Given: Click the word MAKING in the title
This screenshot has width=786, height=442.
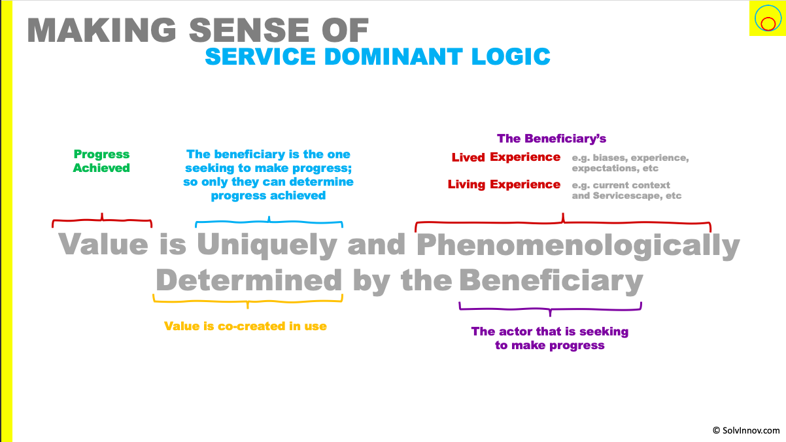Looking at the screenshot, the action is [101, 31].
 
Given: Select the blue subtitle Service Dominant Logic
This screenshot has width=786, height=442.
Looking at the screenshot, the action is [377, 56].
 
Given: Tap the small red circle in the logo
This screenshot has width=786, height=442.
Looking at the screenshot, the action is [768, 24].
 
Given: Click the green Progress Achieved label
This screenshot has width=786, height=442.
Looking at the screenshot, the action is [101, 161].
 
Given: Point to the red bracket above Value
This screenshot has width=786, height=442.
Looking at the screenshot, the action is [102, 220].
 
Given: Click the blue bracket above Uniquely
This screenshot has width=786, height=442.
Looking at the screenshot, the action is [269, 222].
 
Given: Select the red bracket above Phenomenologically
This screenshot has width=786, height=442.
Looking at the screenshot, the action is [563, 222].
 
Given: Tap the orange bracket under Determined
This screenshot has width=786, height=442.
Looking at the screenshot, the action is [248, 301].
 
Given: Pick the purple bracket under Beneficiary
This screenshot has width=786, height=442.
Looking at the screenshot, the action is [550, 309].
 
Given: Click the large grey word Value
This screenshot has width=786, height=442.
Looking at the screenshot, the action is [103, 244].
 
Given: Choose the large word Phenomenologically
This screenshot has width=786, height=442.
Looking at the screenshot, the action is [578, 246].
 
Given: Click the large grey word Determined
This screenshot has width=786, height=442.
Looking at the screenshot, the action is [248, 280].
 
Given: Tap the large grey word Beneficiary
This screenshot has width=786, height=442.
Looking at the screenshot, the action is [551, 282].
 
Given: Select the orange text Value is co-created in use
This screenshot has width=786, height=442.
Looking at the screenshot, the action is [246, 326].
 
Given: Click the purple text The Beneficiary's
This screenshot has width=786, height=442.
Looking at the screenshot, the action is [552, 139].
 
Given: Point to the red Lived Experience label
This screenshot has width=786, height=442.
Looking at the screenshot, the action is [506, 157].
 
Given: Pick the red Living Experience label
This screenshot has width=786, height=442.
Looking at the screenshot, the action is [504, 184].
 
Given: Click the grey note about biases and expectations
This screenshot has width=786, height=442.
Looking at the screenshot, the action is [630, 163].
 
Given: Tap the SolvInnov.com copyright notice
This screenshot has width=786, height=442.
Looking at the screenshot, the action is [746, 430].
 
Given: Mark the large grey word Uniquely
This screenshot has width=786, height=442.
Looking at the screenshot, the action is [267, 245].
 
